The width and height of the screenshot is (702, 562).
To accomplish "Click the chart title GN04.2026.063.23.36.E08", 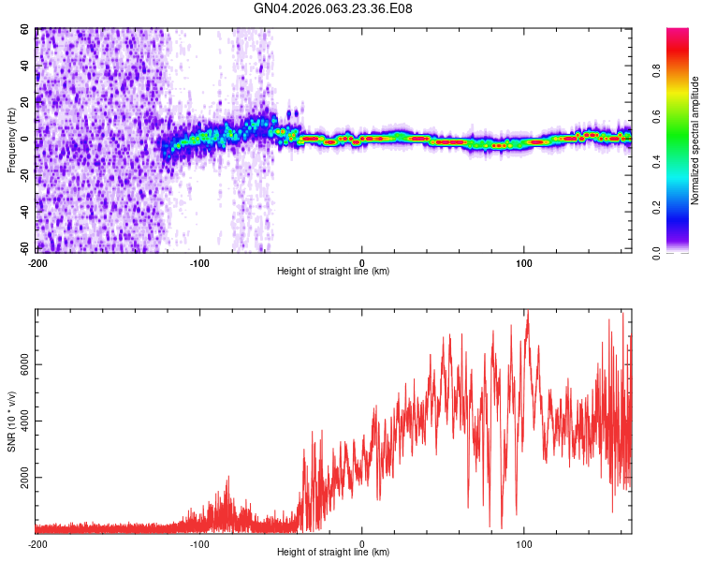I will coord(333,8).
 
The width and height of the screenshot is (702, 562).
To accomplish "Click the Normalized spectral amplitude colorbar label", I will coord(695,140).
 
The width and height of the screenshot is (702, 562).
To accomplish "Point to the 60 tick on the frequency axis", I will coord(25,30).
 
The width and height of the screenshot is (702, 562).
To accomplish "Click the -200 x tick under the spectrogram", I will coord(37,261).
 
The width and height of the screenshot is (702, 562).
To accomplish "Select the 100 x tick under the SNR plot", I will coord(524,543).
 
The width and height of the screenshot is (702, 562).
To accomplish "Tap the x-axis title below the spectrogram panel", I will coord(333,272).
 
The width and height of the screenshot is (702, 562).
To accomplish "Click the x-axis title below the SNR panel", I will coord(333,553).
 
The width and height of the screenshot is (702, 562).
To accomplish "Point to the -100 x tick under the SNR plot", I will coord(199,543).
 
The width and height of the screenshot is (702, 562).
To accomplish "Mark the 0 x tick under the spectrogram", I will coord(362,261).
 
